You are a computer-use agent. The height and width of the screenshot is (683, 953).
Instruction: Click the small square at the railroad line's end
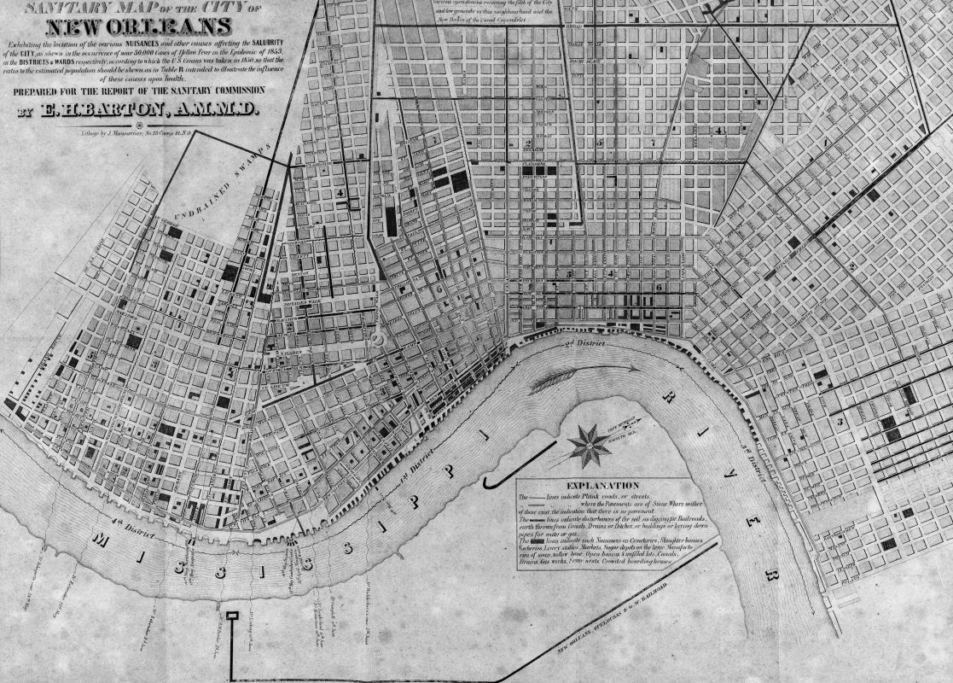[x=231, y=615]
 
